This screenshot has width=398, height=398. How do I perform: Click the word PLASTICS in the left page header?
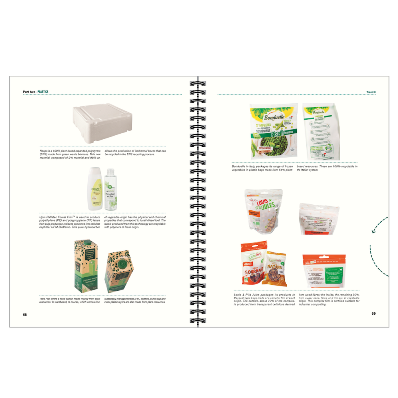tap(43, 92)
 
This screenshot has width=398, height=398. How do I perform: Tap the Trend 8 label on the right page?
tap(371, 92)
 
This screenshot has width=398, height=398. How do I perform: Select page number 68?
tap(25, 314)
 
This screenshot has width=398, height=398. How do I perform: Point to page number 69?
tap(373, 313)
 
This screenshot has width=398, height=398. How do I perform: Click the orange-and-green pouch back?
tap(323, 271)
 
